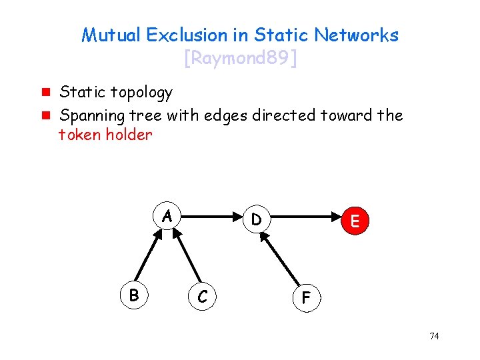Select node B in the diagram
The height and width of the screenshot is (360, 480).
tap(135, 294)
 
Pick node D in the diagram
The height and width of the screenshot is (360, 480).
tap(257, 219)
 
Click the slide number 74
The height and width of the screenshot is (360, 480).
tap(434, 336)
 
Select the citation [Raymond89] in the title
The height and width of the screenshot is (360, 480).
tap(240, 59)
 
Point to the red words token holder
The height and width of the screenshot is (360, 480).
tap(105, 135)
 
